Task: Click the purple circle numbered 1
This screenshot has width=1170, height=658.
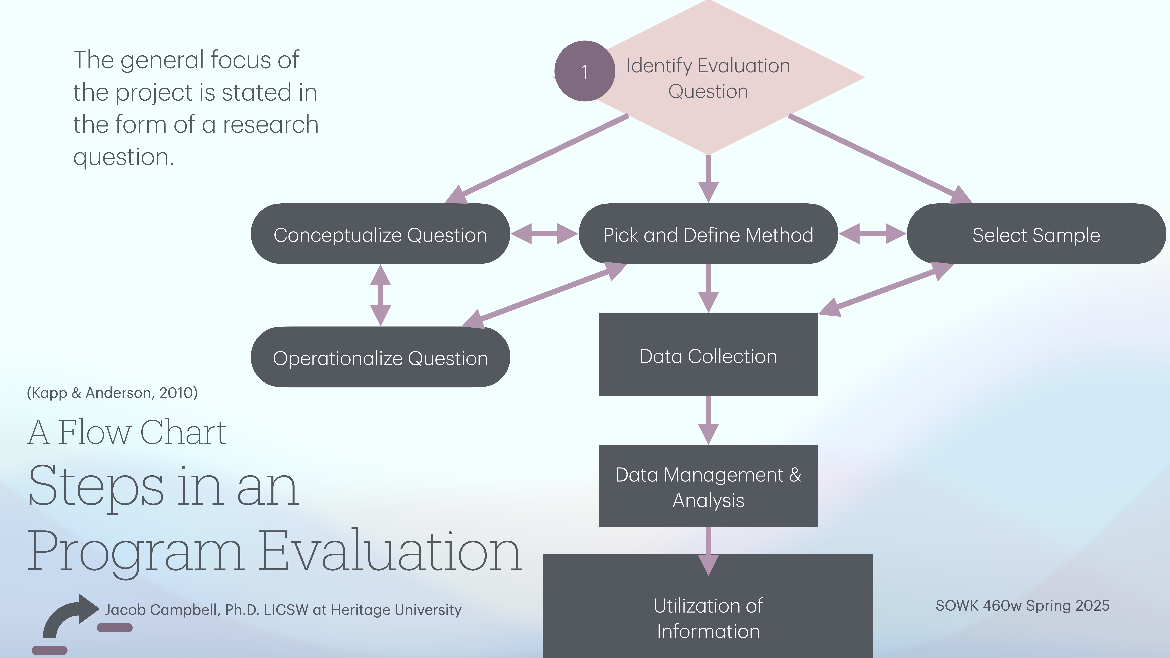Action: click(584, 71)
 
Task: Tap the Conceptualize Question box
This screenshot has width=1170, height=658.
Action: click(380, 234)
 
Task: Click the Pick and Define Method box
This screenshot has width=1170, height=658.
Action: click(708, 234)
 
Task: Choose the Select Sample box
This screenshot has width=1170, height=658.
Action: click(1036, 234)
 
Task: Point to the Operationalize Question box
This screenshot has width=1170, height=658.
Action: click(380, 357)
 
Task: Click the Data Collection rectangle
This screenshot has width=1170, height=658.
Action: click(708, 355)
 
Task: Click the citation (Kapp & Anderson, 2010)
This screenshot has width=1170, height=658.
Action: click(112, 393)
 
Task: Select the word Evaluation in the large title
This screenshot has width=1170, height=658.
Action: click(391, 552)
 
